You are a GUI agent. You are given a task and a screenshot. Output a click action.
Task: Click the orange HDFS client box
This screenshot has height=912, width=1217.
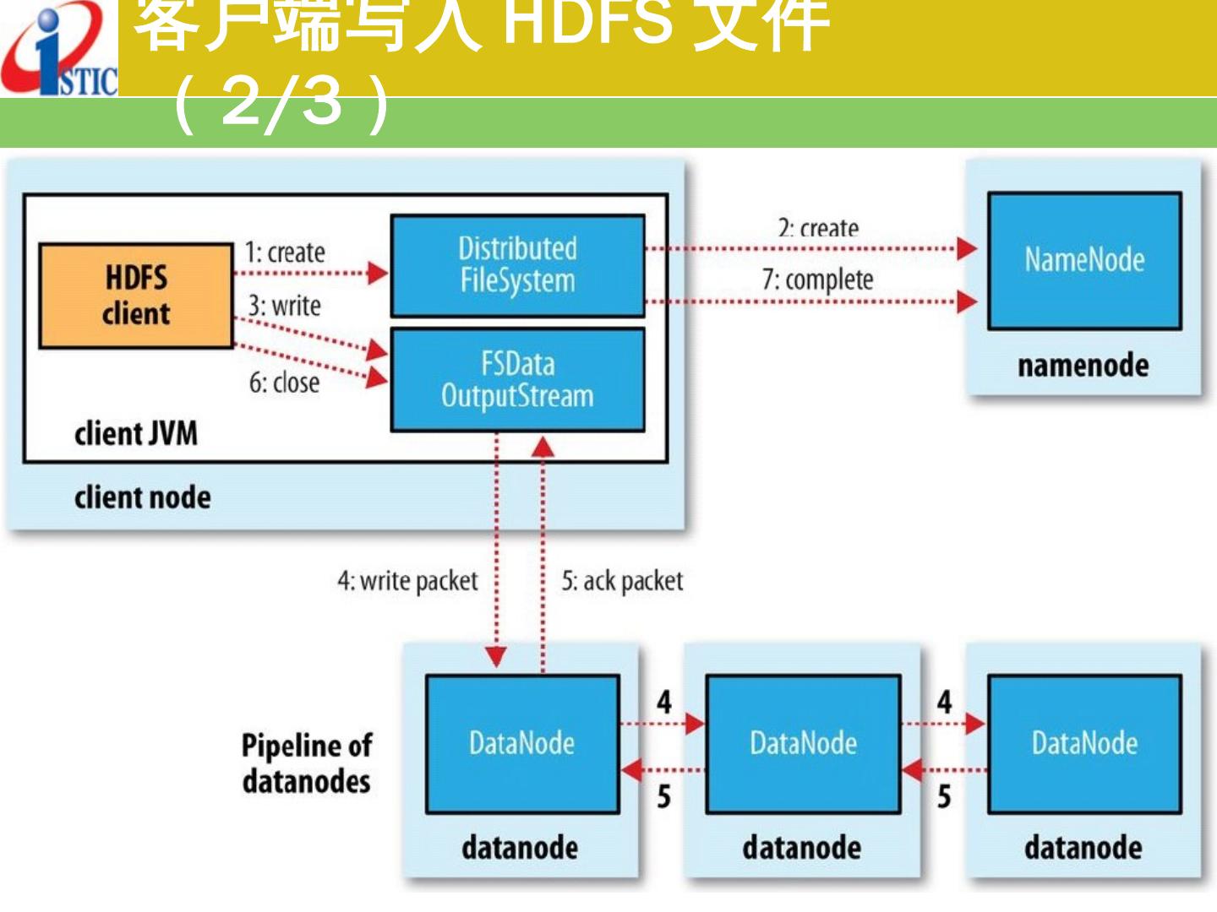coord(136,296)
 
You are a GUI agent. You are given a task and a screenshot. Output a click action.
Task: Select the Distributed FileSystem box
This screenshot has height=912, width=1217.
coord(517,265)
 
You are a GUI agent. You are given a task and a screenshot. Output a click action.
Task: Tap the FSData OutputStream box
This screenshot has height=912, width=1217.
coord(517,380)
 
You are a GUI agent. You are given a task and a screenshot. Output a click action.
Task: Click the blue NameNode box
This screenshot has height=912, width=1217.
coord(1084,260)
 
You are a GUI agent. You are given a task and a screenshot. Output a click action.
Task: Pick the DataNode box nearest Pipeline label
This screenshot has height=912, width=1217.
coord(522,743)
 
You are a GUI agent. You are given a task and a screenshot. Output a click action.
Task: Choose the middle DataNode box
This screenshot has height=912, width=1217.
coord(803,743)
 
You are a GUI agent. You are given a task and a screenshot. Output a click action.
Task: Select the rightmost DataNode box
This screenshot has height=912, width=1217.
coord(1084,743)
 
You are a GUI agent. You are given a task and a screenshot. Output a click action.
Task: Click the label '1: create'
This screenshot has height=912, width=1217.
coord(285,252)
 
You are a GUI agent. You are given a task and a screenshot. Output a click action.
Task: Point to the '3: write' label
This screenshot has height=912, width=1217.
coord(285,306)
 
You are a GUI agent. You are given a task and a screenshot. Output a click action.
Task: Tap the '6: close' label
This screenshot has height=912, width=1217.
coord(284,383)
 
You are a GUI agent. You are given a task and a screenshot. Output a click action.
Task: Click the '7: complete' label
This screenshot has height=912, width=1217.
coord(817,280)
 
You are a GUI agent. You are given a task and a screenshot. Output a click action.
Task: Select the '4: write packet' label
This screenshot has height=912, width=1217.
coord(407,581)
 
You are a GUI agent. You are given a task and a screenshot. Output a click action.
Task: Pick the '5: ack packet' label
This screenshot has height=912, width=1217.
coord(622,581)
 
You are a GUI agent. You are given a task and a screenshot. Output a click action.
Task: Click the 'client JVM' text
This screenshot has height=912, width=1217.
coord(136,434)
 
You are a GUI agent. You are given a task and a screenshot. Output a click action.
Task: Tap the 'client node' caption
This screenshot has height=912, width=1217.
coord(142,497)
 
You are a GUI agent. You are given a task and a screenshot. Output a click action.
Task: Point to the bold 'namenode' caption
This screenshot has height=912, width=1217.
coord(1083,366)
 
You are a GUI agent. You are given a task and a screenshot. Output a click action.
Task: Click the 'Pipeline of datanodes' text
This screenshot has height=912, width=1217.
coord(307,763)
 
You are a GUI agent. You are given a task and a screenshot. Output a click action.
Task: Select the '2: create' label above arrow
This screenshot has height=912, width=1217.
coord(818,229)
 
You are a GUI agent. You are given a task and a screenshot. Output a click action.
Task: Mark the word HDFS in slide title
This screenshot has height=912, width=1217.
coord(582,21)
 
